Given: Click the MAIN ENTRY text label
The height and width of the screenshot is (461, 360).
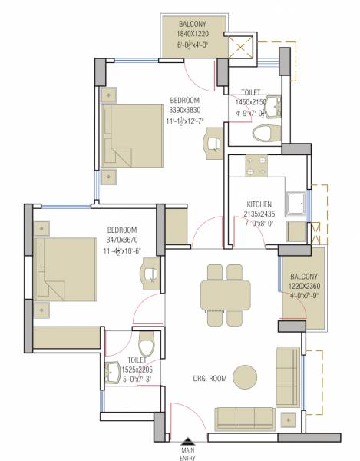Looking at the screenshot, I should pos(187,455).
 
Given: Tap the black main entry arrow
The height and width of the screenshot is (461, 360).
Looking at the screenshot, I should pos(187,443).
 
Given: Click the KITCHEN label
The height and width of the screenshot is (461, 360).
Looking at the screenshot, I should pos(252,204).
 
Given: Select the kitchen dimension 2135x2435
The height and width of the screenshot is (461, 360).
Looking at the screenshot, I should pos(252,214).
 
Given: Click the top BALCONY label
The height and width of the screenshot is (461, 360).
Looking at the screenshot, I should pos(193,25).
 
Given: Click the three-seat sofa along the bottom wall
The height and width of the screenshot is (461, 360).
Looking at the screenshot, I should pos(246,418).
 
